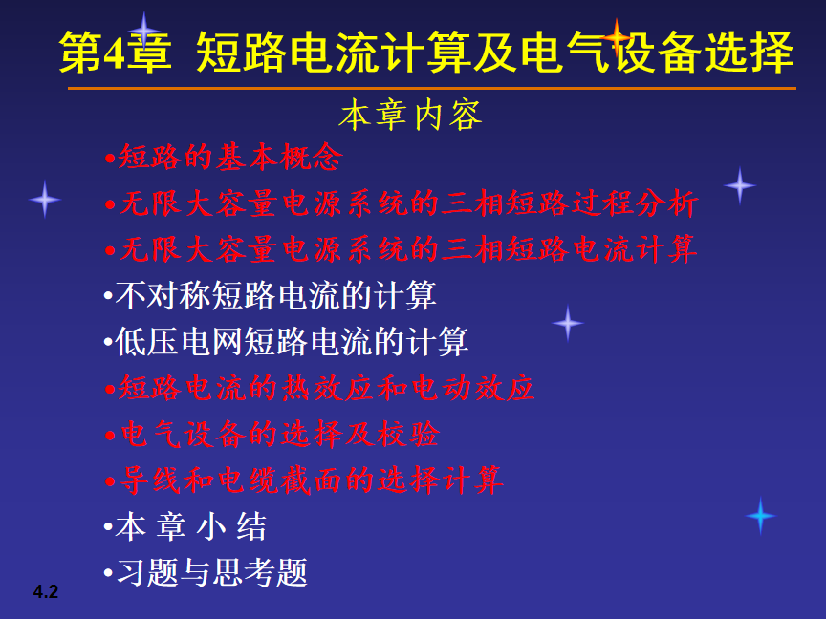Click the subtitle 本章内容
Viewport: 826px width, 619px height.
coord(410,116)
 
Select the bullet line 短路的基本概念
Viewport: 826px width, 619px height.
coord(224,157)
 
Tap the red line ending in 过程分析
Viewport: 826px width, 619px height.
coord(402,203)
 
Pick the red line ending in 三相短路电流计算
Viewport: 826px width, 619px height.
coord(401,249)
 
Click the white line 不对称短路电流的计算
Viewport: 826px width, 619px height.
coord(271,295)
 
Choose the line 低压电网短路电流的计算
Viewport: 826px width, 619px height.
coord(286,342)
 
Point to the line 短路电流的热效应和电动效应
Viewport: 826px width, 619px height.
coord(319,388)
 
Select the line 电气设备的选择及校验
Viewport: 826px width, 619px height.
coord(272,435)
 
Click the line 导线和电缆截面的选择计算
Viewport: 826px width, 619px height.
coord(303,480)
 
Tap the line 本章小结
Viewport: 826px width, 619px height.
coord(185,526)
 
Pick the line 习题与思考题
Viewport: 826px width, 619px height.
coord(206,573)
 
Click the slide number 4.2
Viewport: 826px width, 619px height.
coord(46,591)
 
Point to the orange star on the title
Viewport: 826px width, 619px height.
coord(617,37)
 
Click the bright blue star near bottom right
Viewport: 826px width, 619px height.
coord(760,516)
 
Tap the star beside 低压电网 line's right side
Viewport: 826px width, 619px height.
coord(567,323)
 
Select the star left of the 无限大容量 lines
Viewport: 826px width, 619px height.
coord(45,199)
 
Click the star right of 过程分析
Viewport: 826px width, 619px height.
coord(740,185)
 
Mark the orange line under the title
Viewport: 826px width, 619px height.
coord(432,89)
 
